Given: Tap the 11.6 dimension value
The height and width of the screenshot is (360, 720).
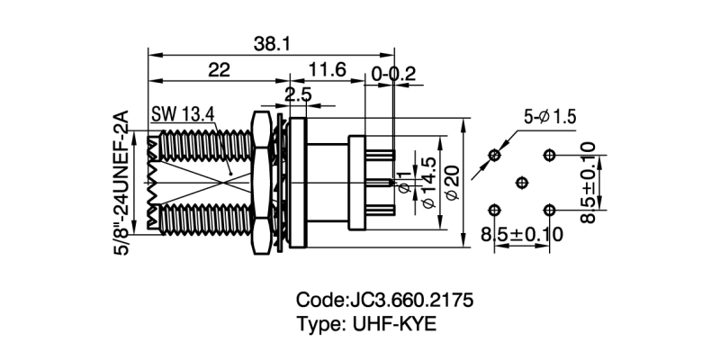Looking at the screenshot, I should pyautogui.click(x=327, y=70).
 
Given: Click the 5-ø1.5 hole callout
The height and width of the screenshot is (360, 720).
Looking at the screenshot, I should pyautogui.click(x=550, y=116).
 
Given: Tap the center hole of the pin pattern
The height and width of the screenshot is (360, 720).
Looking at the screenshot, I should pyautogui.click(x=521, y=183).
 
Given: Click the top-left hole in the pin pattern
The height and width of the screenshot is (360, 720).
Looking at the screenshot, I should pyautogui.click(x=494, y=156).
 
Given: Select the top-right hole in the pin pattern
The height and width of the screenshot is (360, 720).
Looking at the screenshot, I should pyautogui.click(x=548, y=156).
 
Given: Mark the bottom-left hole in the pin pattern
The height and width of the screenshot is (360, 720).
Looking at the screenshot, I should pyautogui.click(x=494, y=210).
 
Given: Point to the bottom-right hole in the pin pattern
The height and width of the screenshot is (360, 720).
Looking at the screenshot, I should pyautogui.click(x=548, y=210).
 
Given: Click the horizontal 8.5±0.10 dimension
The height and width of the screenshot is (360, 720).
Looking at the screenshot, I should pyautogui.click(x=521, y=235).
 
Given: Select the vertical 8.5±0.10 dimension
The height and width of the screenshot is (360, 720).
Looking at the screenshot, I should pyautogui.click(x=586, y=183).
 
